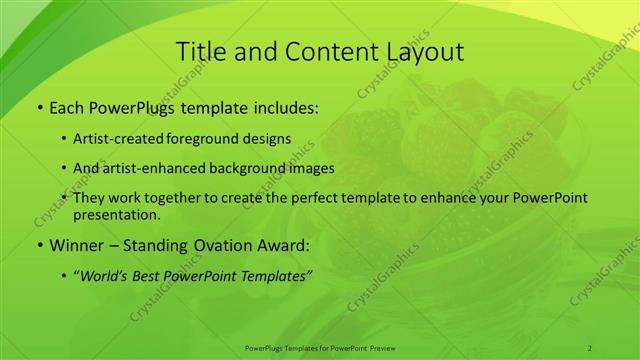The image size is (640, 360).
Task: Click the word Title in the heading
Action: tap(200, 52)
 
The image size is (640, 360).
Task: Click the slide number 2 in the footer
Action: tap(590, 347)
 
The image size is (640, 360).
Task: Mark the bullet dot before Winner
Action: tap(39, 245)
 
